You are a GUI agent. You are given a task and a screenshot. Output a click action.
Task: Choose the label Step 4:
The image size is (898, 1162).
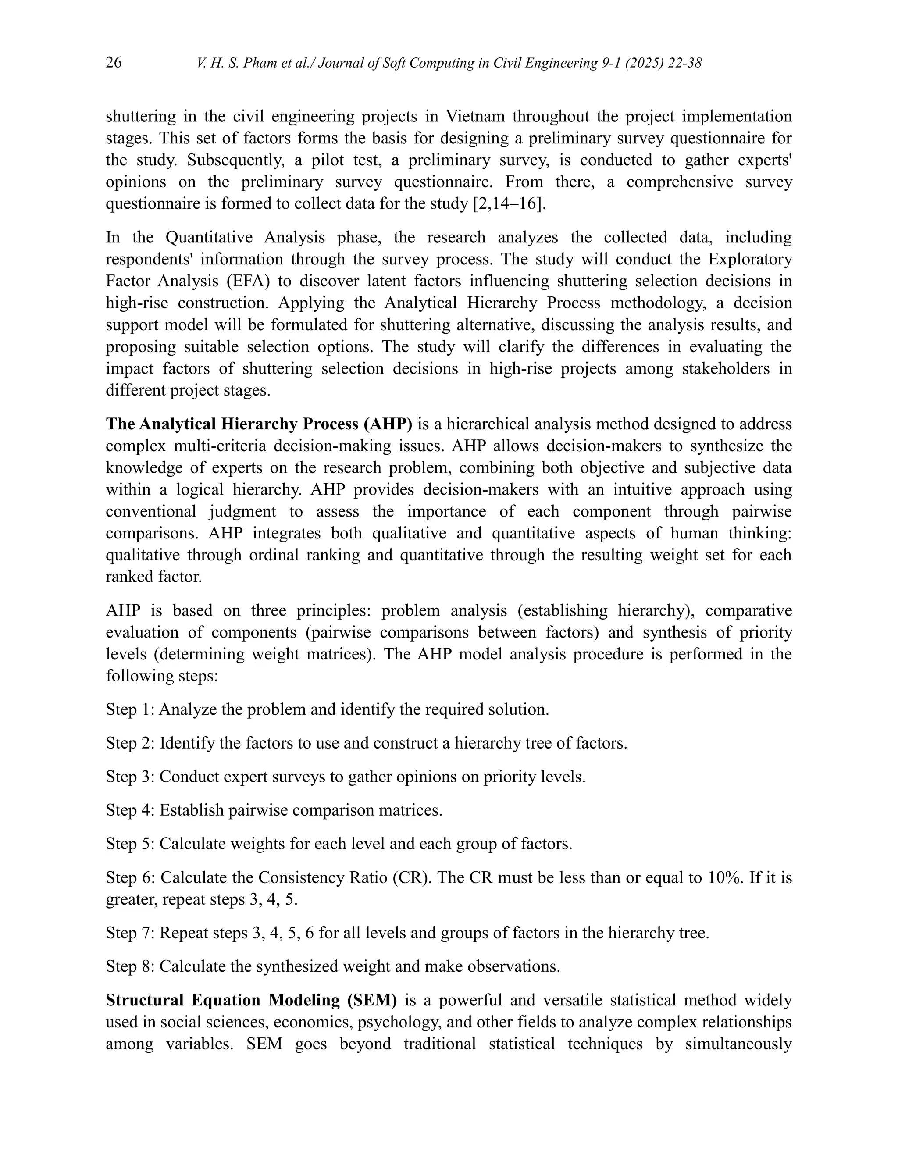click(130, 810)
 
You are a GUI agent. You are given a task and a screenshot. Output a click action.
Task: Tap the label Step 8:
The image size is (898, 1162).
click(130, 966)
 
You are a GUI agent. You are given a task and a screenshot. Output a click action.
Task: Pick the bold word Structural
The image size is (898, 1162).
click(144, 1000)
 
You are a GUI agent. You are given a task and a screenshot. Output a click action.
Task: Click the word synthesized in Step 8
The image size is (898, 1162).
click(297, 966)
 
